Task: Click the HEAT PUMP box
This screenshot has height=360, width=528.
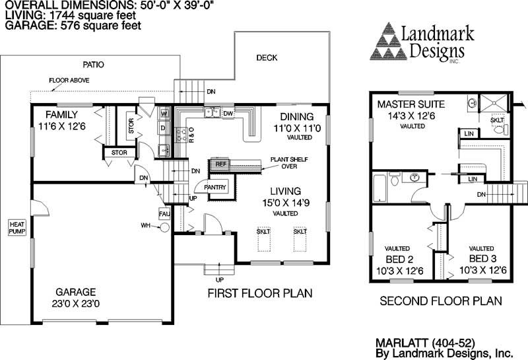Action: (x=16, y=228)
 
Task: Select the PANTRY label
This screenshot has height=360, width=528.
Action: (x=216, y=188)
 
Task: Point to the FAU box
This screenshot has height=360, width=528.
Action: (x=164, y=215)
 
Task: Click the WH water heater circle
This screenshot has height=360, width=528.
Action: (x=164, y=227)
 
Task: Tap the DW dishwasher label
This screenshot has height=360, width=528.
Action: (x=228, y=114)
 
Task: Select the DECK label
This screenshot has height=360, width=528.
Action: (x=267, y=58)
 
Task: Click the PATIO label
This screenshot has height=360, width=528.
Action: (x=93, y=65)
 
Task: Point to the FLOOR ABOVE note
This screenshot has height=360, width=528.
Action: (x=69, y=81)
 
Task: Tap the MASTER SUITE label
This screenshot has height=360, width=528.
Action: (x=411, y=104)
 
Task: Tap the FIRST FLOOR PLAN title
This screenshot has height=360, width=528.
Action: (x=259, y=293)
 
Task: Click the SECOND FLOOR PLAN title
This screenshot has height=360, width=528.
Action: (x=441, y=301)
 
